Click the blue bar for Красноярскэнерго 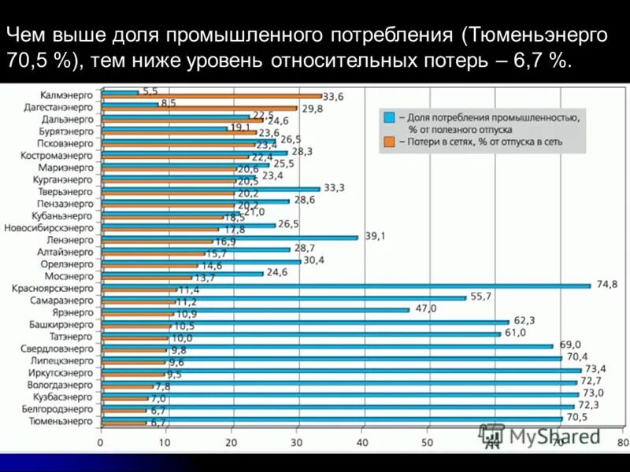(x=346, y=286)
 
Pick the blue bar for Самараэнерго (x=283, y=297)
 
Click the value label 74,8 (x=607, y=284)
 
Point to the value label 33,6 (x=334, y=97)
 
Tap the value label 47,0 (x=426, y=308)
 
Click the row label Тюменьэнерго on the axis (x=61, y=422)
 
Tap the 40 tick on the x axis (x=361, y=444)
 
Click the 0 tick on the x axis (x=100, y=444)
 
